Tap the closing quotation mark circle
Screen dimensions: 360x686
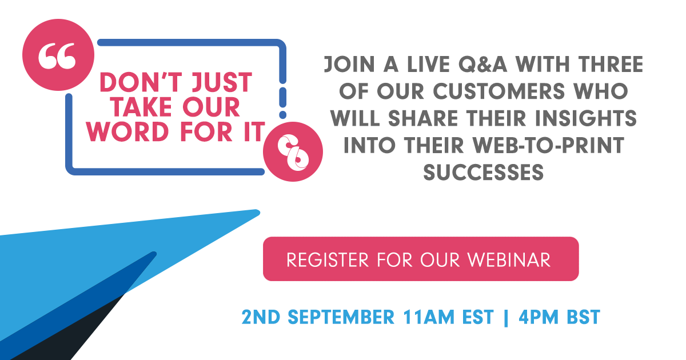click(x=293, y=151)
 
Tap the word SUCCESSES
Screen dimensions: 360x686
click(x=483, y=171)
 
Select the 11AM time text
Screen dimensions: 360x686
click(x=435, y=317)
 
